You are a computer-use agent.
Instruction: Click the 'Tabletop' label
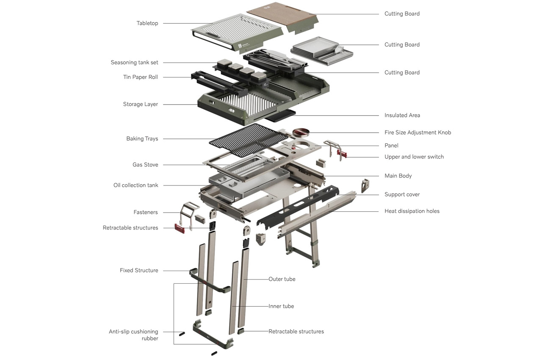[147, 23]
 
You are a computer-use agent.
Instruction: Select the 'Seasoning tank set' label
[134, 62]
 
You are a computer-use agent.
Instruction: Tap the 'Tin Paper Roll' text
[141, 77]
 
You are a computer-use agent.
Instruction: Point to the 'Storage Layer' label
[140, 104]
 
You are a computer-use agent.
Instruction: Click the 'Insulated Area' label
[402, 115]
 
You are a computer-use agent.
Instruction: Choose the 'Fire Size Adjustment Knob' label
[418, 133]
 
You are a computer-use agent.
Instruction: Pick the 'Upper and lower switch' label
[414, 157]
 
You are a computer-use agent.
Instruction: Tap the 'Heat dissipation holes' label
[412, 211]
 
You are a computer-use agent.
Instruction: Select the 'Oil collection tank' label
[135, 185]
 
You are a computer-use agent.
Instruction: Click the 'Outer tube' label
[282, 279]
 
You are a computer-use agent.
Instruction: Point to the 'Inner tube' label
[281, 306]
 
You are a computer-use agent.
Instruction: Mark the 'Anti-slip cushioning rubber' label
[133, 335]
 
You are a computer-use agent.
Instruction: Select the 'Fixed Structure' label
[139, 270]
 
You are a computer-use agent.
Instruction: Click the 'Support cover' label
[402, 194]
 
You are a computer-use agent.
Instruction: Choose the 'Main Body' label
[398, 176]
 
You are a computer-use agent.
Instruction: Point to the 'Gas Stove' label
[145, 165]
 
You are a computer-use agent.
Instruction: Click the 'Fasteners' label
[145, 212]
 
